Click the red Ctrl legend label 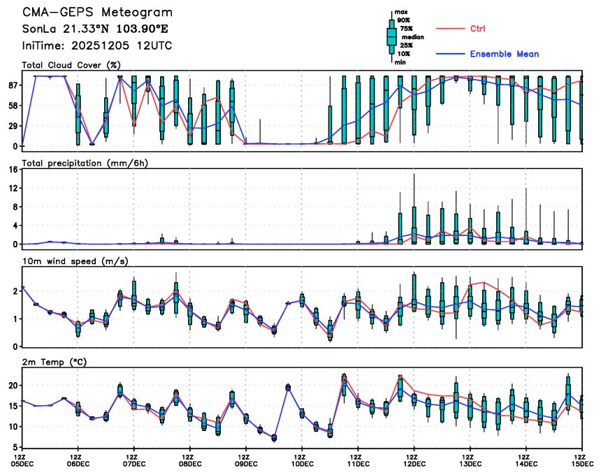477,29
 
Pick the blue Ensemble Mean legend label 504,54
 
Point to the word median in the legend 408,37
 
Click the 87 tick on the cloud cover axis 12,85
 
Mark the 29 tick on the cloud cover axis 12,126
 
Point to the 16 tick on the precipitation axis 12,170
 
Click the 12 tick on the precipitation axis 12,189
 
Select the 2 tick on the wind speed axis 15,291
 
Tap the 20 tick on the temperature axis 12,386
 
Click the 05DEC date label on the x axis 22,462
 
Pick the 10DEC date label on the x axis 302,462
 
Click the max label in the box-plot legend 401,12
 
